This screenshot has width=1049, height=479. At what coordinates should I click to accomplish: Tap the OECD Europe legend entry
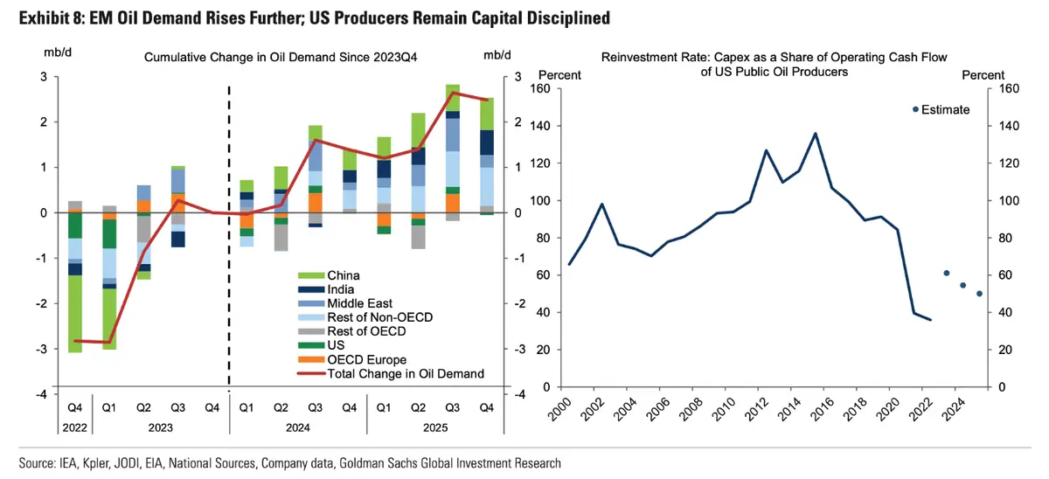[x=366, y=359]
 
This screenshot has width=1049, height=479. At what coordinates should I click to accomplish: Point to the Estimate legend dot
[x=915, y=109]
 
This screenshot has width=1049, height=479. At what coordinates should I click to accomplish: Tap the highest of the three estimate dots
[x=946, y=274]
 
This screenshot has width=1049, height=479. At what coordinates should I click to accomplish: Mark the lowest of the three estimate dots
[x=979, y=294]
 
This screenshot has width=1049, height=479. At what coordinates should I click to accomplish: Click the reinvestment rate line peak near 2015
[x=815, y=134]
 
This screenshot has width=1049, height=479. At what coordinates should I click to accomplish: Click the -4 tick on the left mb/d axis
[x=42, y=394]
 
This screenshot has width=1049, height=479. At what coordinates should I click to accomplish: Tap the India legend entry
[x=342, y=289]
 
